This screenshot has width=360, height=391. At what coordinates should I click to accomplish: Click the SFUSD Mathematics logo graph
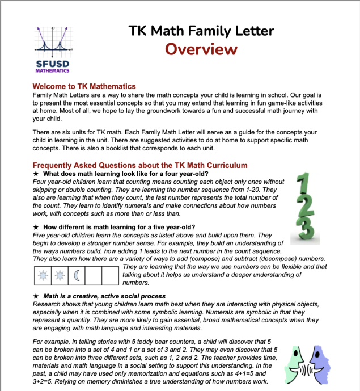pos(52,40)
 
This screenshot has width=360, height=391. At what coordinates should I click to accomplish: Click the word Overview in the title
pos(201,49)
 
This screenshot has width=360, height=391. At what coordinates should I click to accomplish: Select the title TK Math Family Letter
pos(201,31)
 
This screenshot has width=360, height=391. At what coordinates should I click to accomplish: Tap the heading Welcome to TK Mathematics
pos(84,86)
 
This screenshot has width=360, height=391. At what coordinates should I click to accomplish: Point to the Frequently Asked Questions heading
pos(140,165)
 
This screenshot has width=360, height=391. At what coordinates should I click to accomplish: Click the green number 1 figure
pos(305,187)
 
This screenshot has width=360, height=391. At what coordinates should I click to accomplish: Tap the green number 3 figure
pos(304,230)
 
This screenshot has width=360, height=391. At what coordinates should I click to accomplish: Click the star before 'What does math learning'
pos(36,174)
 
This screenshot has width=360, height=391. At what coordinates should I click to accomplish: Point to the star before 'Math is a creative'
pos(36,296)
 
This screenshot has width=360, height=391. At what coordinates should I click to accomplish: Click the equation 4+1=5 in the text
pos(245,374)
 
